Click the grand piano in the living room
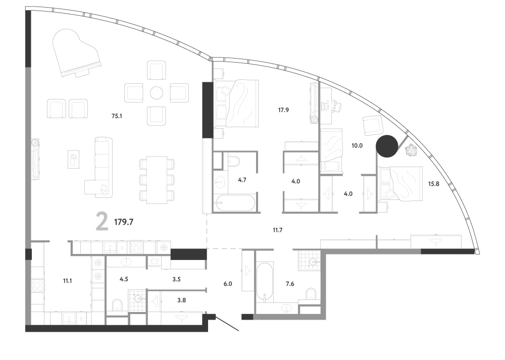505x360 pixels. pos(77,53)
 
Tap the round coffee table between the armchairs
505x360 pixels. pos(157,93)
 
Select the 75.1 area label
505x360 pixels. pos(117,116)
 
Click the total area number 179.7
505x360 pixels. pos(124,222)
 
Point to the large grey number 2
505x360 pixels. pos(102,222)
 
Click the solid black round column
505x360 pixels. pos(387,146)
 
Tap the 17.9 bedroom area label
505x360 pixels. pos(283,110)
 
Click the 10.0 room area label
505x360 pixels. pos(357,145)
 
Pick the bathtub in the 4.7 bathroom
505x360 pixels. pos(234,203)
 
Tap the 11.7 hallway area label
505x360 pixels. pos(277,230)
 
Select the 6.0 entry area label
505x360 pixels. pos(228,284)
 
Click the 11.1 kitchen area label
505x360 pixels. pos(67,281)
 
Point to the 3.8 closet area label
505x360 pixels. pos(181,300)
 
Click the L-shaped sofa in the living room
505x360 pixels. pos(99,168)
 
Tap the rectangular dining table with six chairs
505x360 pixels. pos(157,180)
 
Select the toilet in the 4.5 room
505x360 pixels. pos(118,306)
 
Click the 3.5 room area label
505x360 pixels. pos(176,279)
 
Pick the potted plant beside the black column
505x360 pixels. pos(411,150)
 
